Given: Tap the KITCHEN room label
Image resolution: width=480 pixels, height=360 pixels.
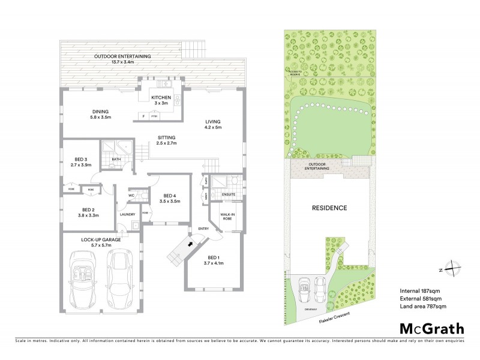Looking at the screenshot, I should pos(161,100).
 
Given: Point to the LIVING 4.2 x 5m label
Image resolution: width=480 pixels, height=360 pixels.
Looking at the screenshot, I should pos(212,124).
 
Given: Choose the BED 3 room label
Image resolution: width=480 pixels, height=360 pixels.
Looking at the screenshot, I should pos(80,162).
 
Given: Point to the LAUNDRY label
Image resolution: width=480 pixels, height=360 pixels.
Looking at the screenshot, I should pos(127,214).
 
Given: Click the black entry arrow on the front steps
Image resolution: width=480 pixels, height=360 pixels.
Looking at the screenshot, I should pos(191,244).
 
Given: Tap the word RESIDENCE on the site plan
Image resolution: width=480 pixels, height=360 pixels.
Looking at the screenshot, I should pos(329,208).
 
